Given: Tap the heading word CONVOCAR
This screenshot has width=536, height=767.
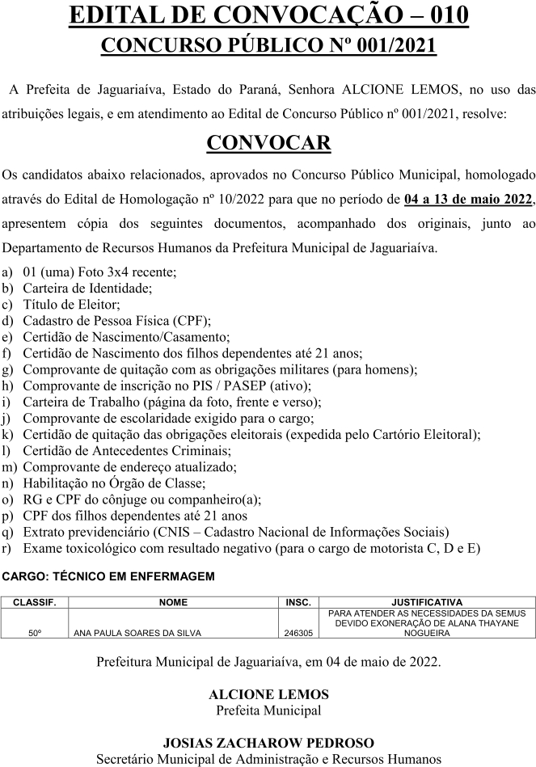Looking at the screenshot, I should (268, 143).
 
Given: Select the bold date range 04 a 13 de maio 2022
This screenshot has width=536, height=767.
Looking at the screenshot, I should (468, 199).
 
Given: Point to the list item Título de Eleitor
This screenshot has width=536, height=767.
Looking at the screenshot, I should (71, 305).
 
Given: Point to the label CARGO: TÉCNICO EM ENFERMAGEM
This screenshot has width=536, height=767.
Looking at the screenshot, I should (109, 576).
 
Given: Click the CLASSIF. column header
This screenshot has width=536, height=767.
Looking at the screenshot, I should (35, 602).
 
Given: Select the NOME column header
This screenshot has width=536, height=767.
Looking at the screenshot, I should (173, 602).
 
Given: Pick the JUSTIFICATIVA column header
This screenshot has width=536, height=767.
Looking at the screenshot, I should (426, 602).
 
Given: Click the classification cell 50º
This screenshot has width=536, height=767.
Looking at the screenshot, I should (35, 634).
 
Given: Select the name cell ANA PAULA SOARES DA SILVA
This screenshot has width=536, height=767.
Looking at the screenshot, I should (137, 634).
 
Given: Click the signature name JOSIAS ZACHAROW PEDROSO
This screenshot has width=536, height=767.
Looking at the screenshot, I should (268, 743).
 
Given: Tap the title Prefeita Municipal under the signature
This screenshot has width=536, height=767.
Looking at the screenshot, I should (268, 711).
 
